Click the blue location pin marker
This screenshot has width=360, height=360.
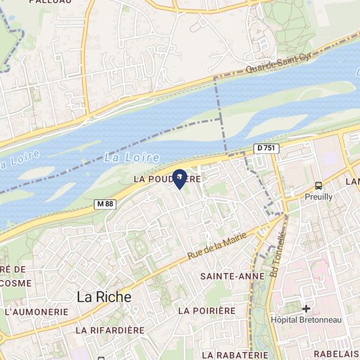click(179, 178)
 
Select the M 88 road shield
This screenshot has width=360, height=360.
click(105, 204)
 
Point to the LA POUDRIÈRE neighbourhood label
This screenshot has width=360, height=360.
click(166, 178)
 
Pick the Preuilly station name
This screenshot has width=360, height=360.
click(318, 196)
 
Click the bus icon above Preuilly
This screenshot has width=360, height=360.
click(318, 185)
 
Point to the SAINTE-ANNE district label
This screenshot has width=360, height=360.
click(224, 276)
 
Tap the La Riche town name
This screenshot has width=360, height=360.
click(104, 297)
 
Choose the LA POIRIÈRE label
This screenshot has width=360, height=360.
click(206, 310)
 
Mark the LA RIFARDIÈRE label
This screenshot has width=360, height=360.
click(109, 331)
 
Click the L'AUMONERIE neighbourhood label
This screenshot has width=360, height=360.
click(35, 312)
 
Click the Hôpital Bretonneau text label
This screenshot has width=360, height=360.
click(306, 319)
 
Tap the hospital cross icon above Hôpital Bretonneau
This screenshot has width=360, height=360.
click(306, 308)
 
